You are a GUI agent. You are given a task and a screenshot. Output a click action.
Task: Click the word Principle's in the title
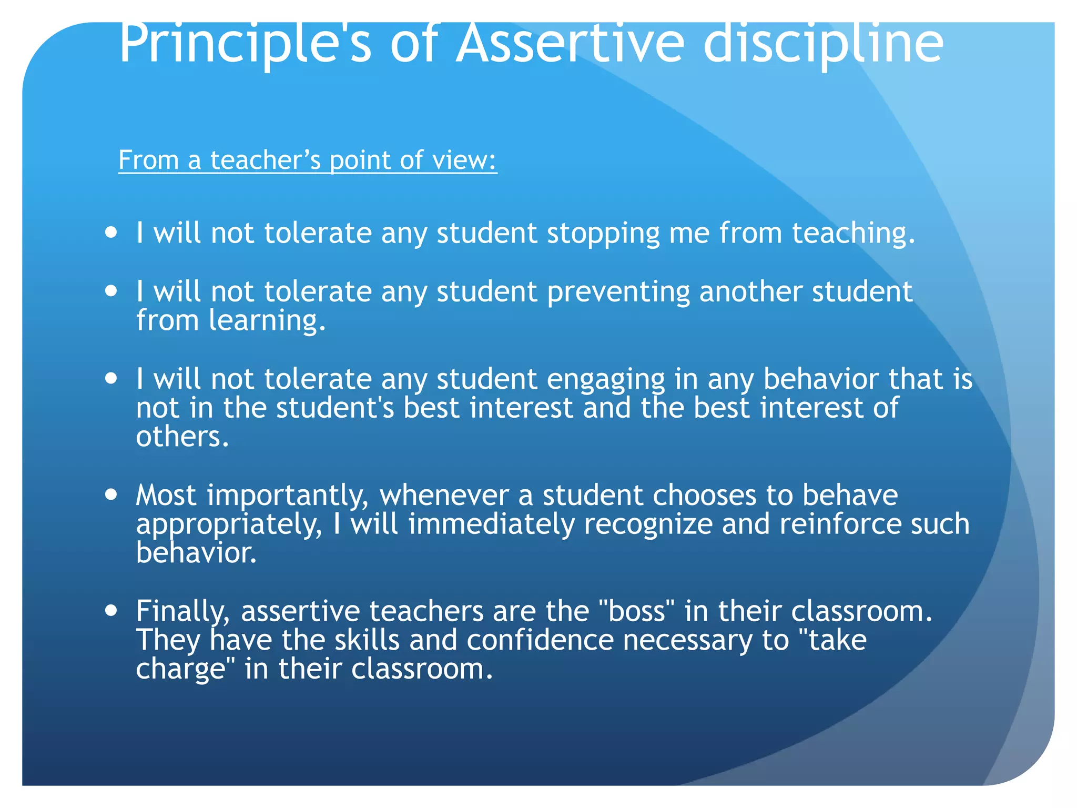pos(245,45)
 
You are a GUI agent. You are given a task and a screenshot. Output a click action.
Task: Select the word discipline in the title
pos(823,45)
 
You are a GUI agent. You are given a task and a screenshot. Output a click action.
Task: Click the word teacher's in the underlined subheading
pos(265,160)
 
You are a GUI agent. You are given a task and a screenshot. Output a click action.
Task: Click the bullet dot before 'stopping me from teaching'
pos(110,232)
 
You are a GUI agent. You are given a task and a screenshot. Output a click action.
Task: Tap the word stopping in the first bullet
pos(603,233)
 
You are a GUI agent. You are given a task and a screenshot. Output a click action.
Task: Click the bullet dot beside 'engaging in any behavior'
pos(110,378)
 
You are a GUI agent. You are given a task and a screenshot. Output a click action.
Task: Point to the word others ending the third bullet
pos(182,437)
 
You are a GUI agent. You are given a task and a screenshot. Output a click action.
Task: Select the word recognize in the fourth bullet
pos(647,524)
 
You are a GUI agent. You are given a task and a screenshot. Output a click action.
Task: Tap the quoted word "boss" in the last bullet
pos(636,611)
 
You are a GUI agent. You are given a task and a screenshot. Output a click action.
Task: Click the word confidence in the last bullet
pos(540,640)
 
